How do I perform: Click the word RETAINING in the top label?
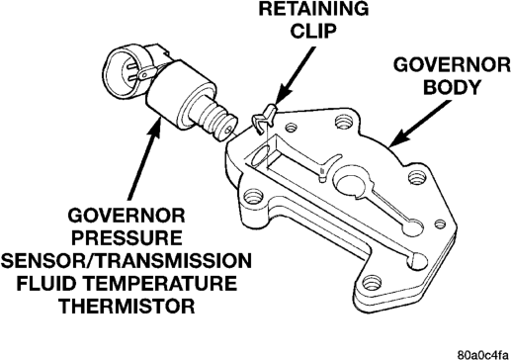coord(313,9)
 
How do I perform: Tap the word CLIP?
coord(314,31)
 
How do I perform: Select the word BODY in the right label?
coord(452,87)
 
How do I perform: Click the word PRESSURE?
coord(127,238)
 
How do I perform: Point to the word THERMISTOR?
coord(127,306)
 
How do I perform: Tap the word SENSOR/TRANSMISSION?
coord(127,260)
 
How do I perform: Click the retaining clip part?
coord(264,119)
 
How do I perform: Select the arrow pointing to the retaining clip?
coord(294,75)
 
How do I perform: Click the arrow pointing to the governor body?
coord(419,124)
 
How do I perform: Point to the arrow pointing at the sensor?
coord(144,158)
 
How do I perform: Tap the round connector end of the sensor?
coord(127,72)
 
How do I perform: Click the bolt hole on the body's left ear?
coord(254,197)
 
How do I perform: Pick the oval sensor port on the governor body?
coord(260,154)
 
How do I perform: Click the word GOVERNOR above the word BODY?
coord(452,64)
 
